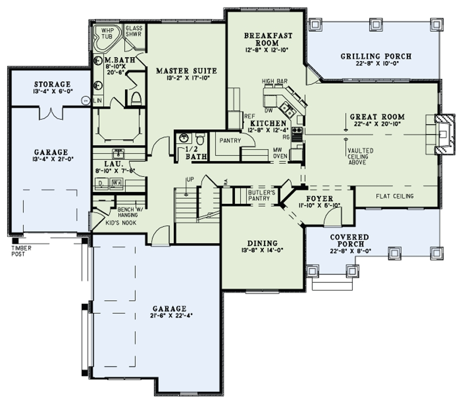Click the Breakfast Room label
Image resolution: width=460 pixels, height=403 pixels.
(268, 39)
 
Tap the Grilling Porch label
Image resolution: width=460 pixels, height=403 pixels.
(376, 56)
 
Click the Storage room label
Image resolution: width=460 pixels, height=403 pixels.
(52, 84)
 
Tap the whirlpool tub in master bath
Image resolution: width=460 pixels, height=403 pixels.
(104, 36)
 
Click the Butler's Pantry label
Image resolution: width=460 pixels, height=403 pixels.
(262, 195)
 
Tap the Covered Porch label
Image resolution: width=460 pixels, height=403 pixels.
(351, 237)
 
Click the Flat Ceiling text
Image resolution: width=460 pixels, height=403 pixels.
(395, 196)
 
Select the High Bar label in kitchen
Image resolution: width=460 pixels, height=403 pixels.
(275, 81)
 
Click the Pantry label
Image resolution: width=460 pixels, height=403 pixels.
(229, 140)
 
